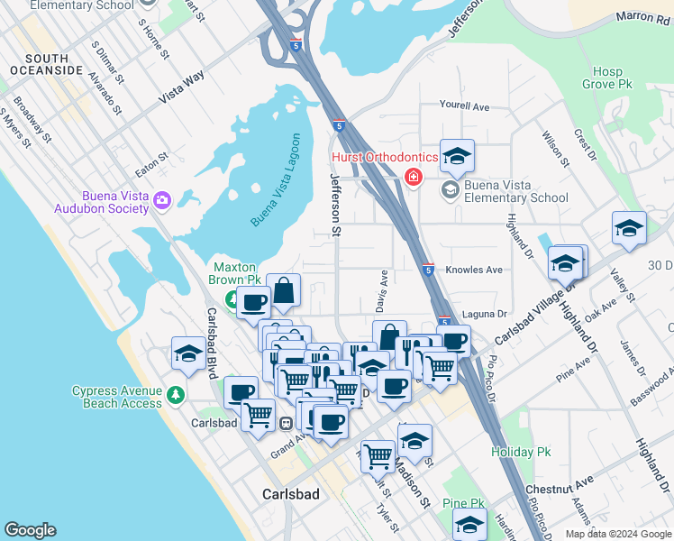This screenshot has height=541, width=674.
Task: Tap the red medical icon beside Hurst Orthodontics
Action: coord(414,177)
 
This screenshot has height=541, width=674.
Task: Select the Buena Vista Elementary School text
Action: coord(516,191)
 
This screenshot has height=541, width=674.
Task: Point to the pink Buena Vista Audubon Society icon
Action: coord(162,200)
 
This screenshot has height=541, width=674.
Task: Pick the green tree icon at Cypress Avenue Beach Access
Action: coord(175,395)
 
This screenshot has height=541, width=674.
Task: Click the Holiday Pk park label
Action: coord(519,451)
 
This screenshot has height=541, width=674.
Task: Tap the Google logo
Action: coord(30,530)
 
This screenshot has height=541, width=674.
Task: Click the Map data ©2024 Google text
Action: coord(617,534)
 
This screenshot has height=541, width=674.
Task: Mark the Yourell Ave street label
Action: coord(464,106)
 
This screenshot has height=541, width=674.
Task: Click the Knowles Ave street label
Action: coord(474,270)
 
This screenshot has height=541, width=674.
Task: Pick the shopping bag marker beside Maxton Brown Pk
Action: coord(283,290)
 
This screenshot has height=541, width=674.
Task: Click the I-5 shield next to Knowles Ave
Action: coord(428,270)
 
